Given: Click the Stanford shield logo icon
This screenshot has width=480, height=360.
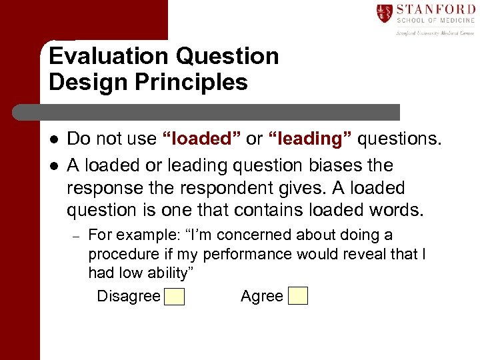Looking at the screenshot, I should [385, 13].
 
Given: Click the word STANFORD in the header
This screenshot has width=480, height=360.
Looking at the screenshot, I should [434, 9].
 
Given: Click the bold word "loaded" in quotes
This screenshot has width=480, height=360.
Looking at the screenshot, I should [202, 139].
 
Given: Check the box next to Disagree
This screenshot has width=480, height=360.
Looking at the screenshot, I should [175, 296].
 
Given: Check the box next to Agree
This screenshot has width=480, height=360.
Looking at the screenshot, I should [298, 295].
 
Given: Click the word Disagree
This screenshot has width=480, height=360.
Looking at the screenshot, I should [129, 296].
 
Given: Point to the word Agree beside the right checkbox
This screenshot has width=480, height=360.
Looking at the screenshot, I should [262, 296].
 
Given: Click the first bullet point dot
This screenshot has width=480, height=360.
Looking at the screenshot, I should [53, 139].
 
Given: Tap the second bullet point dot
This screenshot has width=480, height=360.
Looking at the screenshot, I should [53, 166].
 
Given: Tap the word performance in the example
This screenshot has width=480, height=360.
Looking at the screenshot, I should [247, 254].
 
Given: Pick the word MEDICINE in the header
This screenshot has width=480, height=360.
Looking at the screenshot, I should [455, 21].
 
